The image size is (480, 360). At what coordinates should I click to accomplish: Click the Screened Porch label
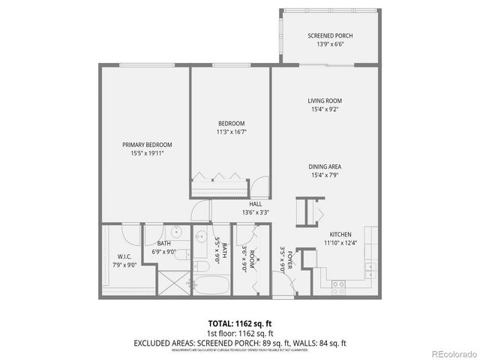pyautogui.click(x=330, y=36)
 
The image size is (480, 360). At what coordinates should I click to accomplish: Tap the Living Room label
pyautogui.click(x=325, y=100)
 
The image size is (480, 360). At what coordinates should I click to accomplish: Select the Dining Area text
pyautogui.click(x=325, y=166)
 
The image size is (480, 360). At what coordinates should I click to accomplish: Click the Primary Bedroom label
pyautogui.click(x=148, y=145)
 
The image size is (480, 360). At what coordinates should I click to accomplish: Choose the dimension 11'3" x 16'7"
pyautogui.click(x=231, y=132)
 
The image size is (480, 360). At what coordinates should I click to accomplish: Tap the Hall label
pyautogui.click(x=255, y=203)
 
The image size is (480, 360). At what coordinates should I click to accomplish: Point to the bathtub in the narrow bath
pyautogui.click(x=213, y=286)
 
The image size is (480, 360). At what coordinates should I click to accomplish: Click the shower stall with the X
pyautogui.click(x=173, y=286)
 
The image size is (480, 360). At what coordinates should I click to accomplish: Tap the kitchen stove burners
pyautogui.click(x=337, y=283)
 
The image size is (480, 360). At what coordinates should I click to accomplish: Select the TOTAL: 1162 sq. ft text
pyautogui.click(x=239, y=323)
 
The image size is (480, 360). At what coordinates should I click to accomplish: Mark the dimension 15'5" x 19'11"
pyautogui.click(x=148, y=153)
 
